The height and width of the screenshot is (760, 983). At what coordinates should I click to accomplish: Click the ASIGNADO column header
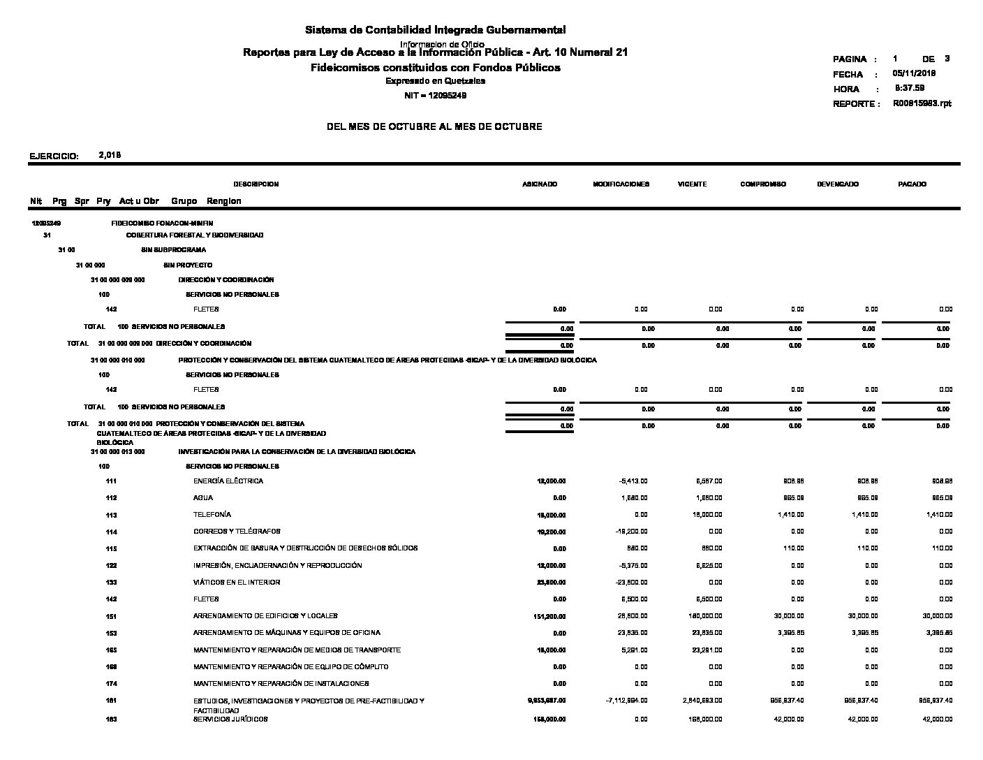coord(540,184)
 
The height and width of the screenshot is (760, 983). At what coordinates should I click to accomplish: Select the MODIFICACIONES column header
coord(621,184)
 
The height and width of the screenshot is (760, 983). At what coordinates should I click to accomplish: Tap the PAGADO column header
coord(912,184)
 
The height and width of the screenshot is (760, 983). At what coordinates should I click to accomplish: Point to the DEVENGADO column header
coord(838,184)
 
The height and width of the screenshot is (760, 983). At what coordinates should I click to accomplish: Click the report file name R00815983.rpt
coord(922,103)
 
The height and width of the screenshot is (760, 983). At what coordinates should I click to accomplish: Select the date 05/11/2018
coord(914,73)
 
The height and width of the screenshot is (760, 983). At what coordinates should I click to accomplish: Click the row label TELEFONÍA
coord(212,514)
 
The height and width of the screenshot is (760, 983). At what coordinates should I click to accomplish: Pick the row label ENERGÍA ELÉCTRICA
coord(228,481)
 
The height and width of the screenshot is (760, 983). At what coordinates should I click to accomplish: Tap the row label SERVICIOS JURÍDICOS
coord(230,719)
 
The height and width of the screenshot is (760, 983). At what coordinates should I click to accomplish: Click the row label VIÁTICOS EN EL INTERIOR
coord(237,583)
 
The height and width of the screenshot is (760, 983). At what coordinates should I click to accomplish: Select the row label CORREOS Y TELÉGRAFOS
coord(237,532)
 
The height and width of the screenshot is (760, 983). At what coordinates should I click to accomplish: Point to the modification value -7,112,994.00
coord(623,701)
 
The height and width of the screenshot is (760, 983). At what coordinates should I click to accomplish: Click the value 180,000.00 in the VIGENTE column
coord(704,616)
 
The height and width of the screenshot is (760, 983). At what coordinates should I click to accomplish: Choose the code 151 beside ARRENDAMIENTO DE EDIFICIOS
coord(111,617)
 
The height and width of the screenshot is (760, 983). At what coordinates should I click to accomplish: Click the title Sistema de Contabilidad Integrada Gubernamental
coord(435,30)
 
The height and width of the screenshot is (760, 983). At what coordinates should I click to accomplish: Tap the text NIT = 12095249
coord(435,96)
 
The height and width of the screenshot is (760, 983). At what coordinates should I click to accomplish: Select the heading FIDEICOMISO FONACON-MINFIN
coord(162,223)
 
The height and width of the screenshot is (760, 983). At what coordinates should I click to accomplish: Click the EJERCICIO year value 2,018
coord(110,155)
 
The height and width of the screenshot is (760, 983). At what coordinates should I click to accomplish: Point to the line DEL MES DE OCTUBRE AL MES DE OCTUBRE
coord(434,127)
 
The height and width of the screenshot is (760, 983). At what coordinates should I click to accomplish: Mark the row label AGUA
coord(203,498)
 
